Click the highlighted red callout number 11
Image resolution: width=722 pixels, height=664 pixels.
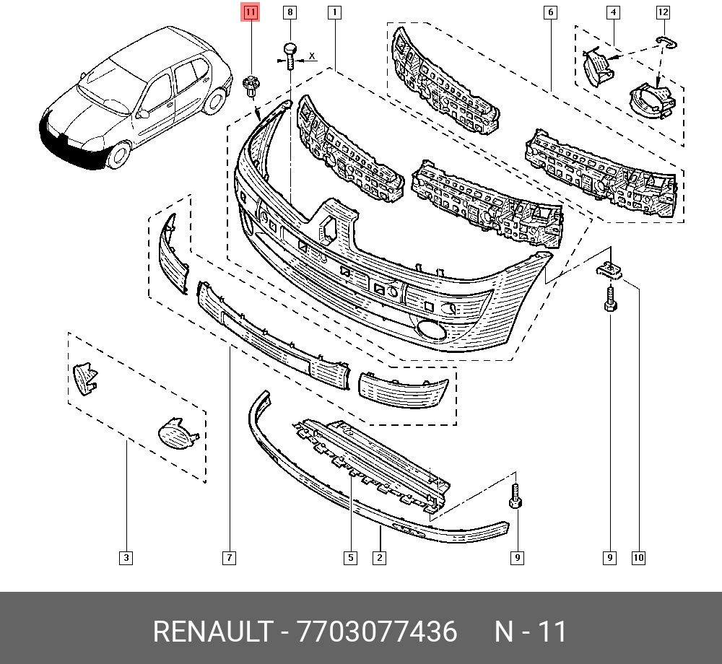pos(250,12)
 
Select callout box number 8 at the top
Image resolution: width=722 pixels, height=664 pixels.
pos(290,12)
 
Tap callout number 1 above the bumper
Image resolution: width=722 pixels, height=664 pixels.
pos(334,12)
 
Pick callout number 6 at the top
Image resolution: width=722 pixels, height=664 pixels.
pos(550,12)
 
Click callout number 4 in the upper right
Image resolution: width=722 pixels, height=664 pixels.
pos(613,12)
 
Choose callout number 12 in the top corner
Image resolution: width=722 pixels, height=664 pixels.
pos(663,12)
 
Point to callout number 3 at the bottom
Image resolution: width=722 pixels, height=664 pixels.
pos(126,558)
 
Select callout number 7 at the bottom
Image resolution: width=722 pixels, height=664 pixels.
pos(229,558)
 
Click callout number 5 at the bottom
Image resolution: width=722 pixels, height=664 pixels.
pos(350,558)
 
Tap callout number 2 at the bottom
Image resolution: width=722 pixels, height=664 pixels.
pos(379,558)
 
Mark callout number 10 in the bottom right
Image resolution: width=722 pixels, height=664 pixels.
pos(638,558)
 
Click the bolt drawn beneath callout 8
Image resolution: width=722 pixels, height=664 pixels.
pos(290,56)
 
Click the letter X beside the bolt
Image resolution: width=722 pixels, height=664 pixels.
pos(312,56)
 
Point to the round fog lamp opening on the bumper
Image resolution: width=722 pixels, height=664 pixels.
pos(430,331)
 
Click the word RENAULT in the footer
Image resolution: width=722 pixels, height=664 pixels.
pos(212,631)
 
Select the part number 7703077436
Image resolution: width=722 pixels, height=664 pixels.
pos(377,631)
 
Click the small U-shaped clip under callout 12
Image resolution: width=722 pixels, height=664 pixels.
pos(666,42)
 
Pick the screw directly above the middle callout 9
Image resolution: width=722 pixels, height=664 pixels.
pos(516,495)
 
